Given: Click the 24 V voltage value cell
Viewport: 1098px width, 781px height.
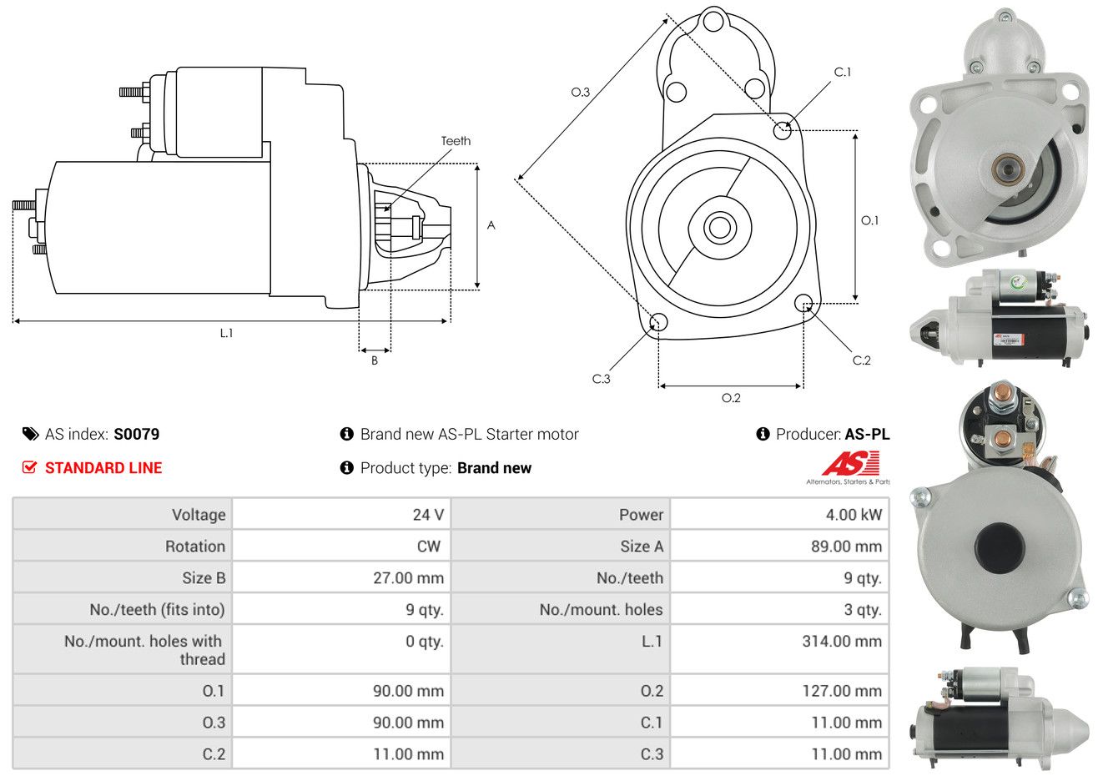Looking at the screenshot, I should [428, 515].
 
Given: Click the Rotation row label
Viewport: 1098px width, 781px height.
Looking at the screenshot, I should [194, 547].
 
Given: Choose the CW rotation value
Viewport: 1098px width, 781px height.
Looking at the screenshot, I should [428, 547].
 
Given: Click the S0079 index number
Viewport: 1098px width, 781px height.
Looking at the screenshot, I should [136, 434].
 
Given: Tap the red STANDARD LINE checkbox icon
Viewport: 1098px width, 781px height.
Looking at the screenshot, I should [30, 468].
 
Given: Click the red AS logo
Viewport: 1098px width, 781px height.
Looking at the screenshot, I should [850, 464].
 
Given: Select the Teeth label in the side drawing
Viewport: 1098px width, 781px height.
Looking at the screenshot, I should [456, 141].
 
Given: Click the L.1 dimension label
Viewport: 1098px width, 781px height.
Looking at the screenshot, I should [226, 333].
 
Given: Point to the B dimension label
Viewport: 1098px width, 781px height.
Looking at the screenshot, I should [375, 360].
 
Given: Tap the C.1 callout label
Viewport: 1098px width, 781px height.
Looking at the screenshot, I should [843, 73].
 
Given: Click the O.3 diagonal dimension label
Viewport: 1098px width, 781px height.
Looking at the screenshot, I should [581, 92].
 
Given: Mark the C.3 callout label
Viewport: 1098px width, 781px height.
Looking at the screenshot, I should [602, 379].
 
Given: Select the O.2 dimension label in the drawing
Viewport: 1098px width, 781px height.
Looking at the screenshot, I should [731, 398].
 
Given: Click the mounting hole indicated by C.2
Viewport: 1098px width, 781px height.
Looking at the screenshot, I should [803, 303].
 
